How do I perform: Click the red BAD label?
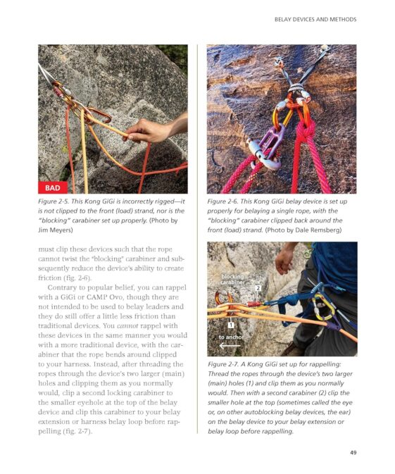pyautogui.click(x=54, y=187)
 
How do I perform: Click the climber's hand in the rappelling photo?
pyautogui.click(x=285, y=259)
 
